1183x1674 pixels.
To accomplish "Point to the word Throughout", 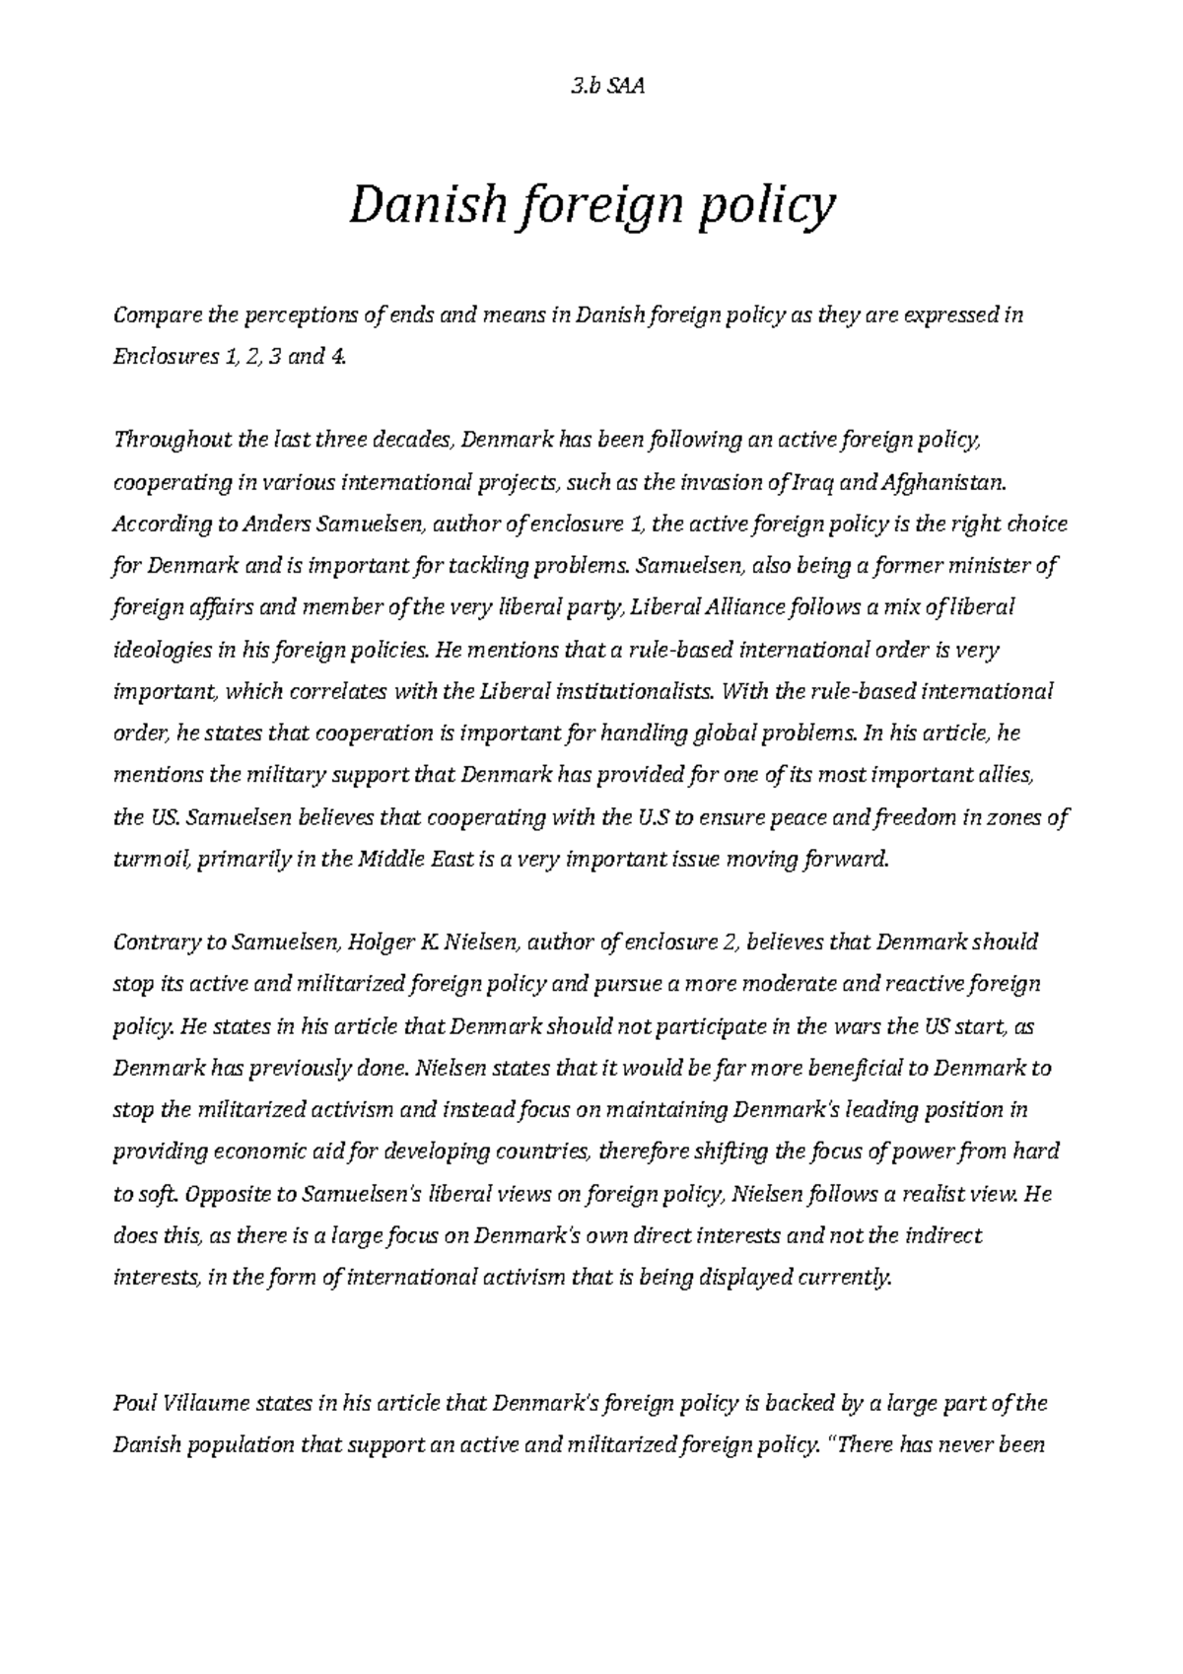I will coord(174,440).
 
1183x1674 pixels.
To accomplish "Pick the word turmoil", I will coord(153,860).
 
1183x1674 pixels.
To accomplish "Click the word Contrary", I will coord(156,942).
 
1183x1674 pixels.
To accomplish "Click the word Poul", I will coord(133,1403).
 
